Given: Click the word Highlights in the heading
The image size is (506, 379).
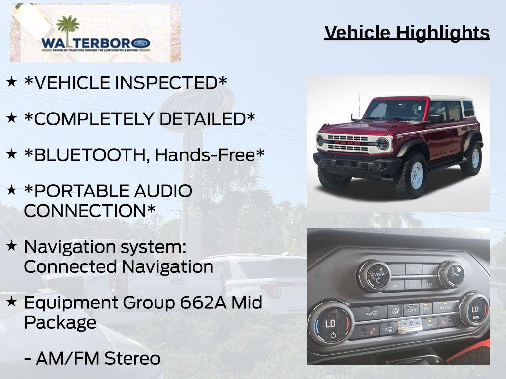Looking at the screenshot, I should point(443,33).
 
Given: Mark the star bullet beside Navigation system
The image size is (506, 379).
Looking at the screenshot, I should point(12,245).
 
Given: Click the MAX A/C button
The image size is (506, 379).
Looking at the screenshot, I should point(445,308).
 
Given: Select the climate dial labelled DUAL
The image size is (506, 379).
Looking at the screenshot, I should point(473,309).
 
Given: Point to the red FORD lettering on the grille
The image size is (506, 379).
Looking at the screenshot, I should point(346,142).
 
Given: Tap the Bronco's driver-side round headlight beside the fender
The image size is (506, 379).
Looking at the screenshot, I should point(383,144).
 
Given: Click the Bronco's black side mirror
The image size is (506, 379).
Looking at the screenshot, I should point(436,118).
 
